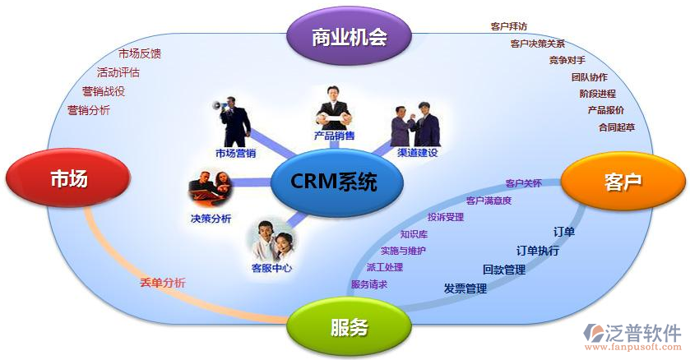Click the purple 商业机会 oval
pos(349,35)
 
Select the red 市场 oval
pos(68,178)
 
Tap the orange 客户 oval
pos(623,181)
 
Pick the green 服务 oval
pos(349,327)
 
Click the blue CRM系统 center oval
pos(336,181)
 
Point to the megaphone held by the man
pos(218,105)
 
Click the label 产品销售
pos(334,136)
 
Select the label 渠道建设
pos(418,153)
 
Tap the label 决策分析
pos(211,218)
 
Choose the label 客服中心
pos(271,267)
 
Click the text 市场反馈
pos(140,53)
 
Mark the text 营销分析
pos(89,110)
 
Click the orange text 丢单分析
pos(163,283)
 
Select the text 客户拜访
pos(509,26)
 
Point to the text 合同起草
pos(617,127)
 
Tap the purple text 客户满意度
pos(489,201)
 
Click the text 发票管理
pos(465,288)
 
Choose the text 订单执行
pos(538,251)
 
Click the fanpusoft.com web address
pos(632,347)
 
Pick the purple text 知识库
pos(414,234)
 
